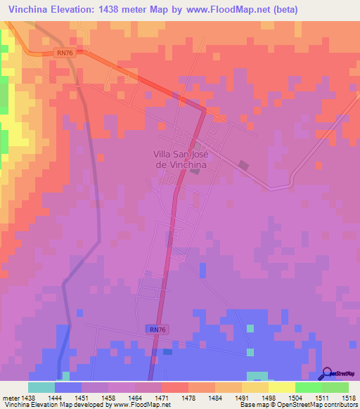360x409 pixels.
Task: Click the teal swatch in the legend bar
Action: pos(41,387)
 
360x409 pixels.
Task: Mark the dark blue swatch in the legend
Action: pos(68,387)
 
